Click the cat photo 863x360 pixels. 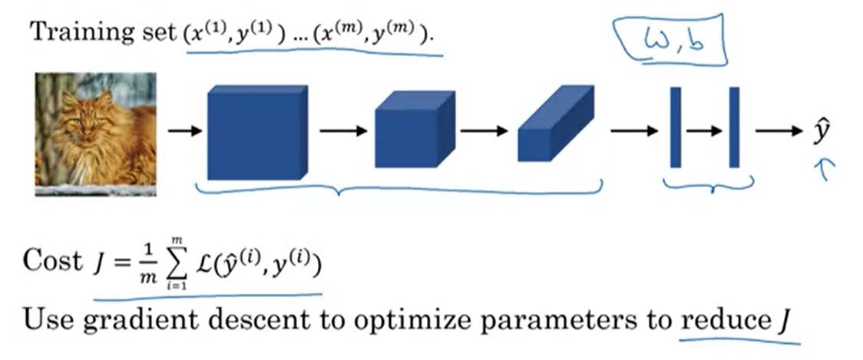click(x=95, y=134)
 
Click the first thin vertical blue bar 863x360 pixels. click(x=676, y=127)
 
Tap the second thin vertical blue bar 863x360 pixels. click(x=734, y=127)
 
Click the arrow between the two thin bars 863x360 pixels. click(x=705, y=131)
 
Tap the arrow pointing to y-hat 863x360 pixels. click(x=777, y=131)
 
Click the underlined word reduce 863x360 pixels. click(x=719, y=318)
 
